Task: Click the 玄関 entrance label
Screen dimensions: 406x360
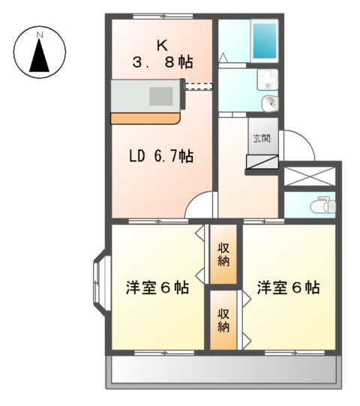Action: click(260, 139)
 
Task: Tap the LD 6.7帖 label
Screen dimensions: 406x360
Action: click(161, 156)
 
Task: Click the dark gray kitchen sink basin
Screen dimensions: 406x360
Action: click(160, 96)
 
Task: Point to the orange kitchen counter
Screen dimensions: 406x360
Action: click(146, 119)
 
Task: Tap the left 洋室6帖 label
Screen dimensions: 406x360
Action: click(157, 288)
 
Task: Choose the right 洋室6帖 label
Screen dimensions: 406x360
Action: click(289, 287)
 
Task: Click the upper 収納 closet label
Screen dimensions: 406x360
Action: click(223, 255)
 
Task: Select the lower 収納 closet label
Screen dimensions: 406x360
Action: click(223, 320)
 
